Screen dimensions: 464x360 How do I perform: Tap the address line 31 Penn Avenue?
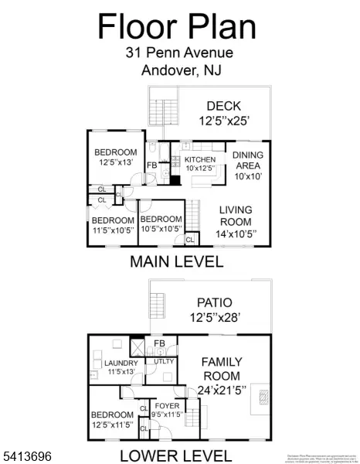point(178,53)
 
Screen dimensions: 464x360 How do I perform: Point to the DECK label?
point(224,106)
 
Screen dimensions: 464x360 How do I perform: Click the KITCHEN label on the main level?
point(199,159)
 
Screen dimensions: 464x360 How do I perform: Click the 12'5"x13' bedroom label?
point(115,162)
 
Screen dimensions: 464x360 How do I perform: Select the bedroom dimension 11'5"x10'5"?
point(110,230)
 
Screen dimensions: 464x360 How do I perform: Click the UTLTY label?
point(164,361)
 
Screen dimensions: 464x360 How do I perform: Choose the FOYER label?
point(168,405)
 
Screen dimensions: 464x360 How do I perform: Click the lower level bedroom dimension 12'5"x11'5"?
point(112,425)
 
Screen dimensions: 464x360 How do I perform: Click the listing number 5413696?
point(25,457)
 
